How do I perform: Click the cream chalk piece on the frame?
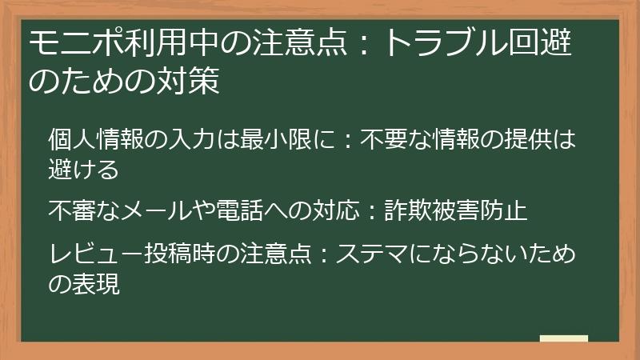tap(564, 339)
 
